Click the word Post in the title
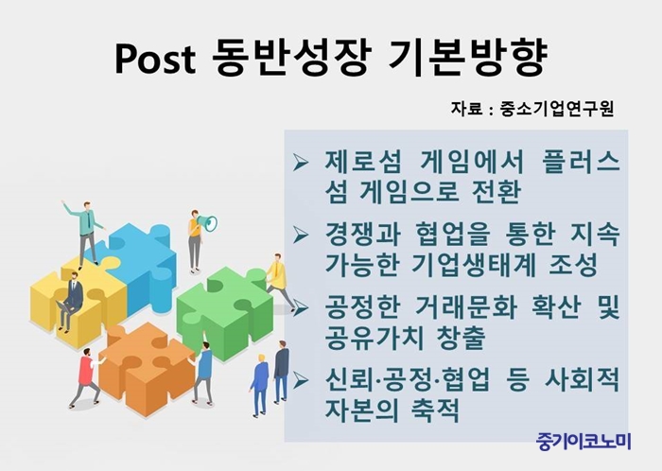156,59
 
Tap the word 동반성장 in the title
291,58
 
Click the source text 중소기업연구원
556,109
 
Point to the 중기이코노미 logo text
584,441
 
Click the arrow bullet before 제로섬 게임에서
301,163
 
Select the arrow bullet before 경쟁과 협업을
301,235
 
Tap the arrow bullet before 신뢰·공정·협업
301,381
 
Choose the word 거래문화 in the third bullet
465,307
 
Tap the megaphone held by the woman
209,223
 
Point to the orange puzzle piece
146,367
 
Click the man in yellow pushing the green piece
280,281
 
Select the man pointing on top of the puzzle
84,232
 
